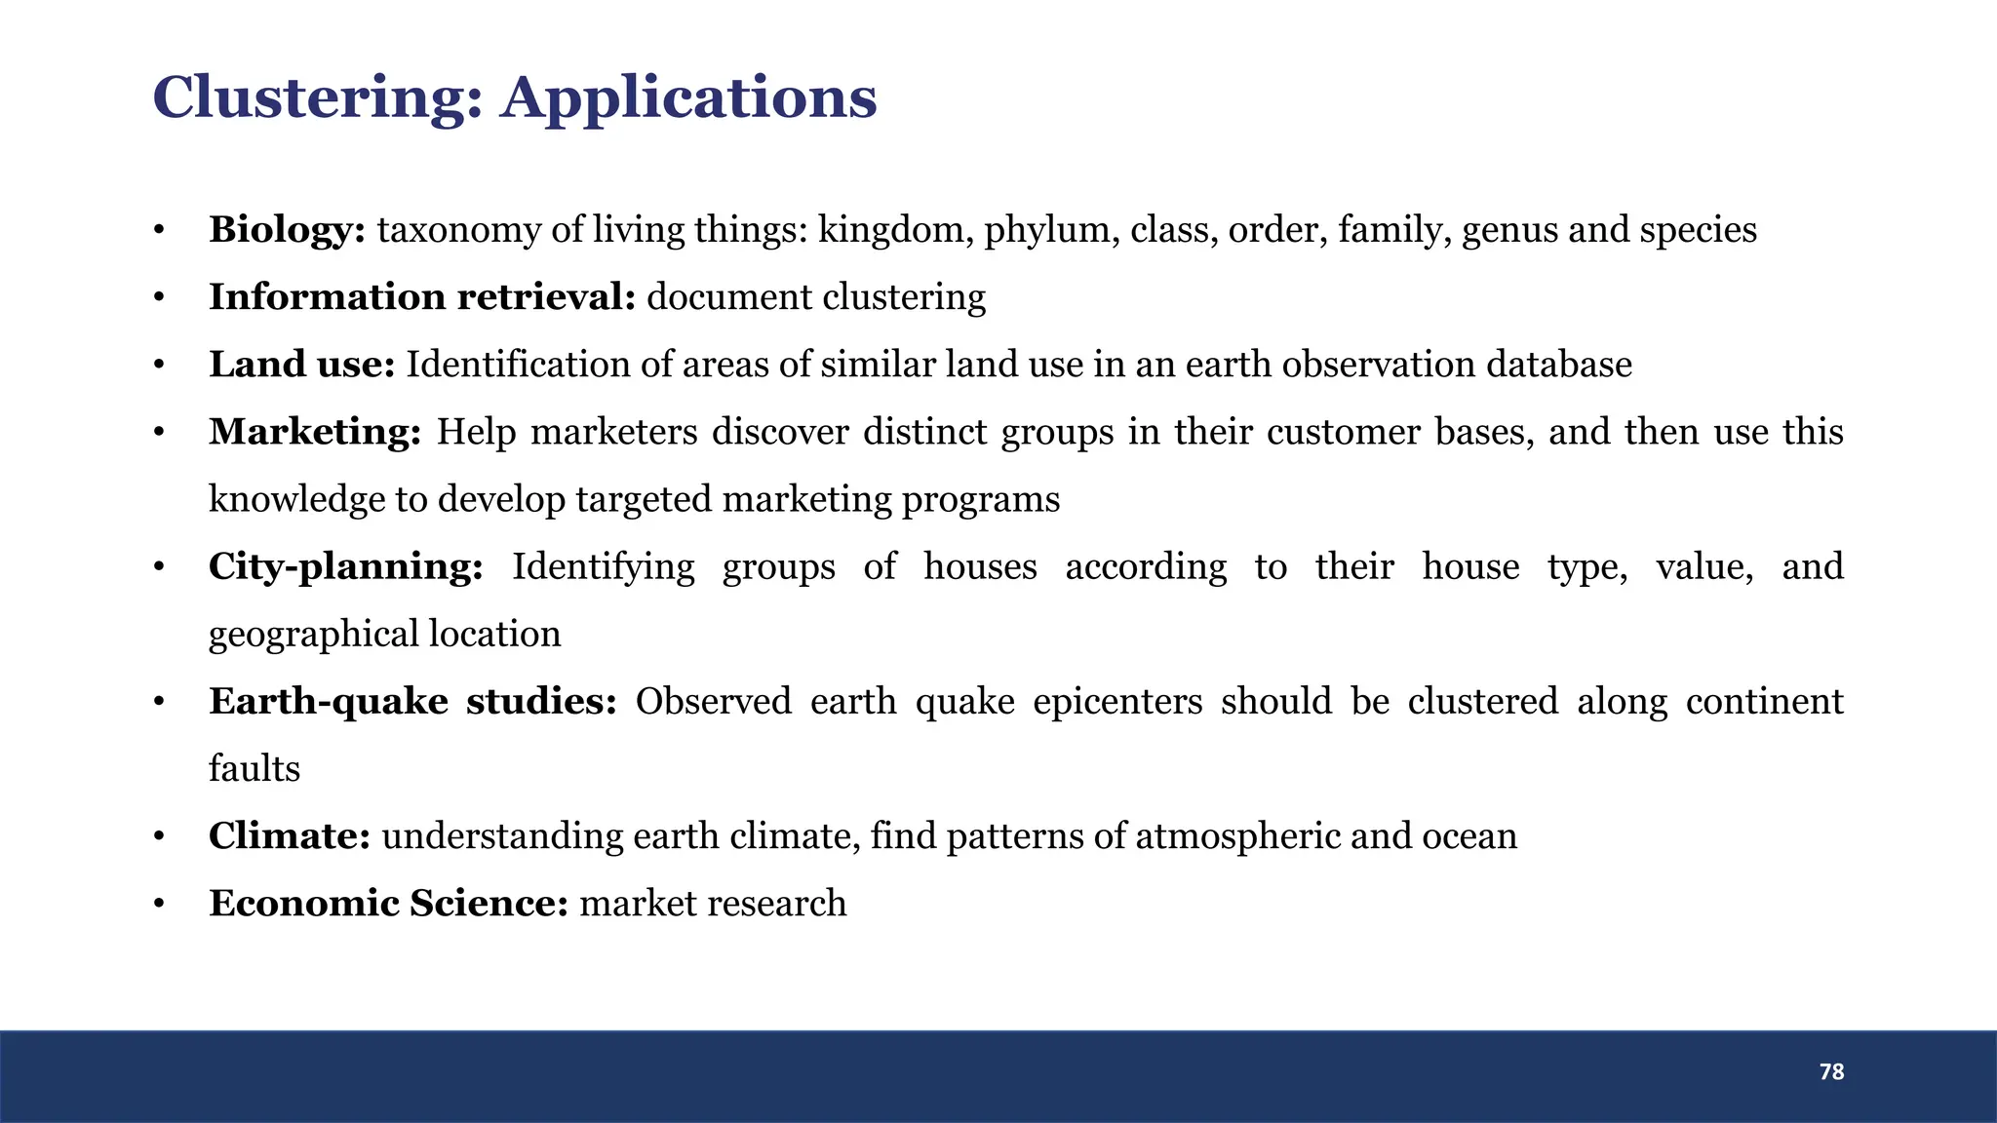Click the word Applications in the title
[x=688, y=99]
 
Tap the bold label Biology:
[x=287, y=230]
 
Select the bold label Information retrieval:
[x=421, y=297]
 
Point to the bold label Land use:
[x=301, y=365]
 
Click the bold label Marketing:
[x=314, y=432]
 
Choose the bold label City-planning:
[x=345, y=566]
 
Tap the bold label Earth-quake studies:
[x=412, y=701]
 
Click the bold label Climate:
[x=289, y=835]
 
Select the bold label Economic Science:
[x=388, y=903]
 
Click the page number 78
[x=1831, y=1072]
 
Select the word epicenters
[x=1116, y=701]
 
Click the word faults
[x=254, y=768]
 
